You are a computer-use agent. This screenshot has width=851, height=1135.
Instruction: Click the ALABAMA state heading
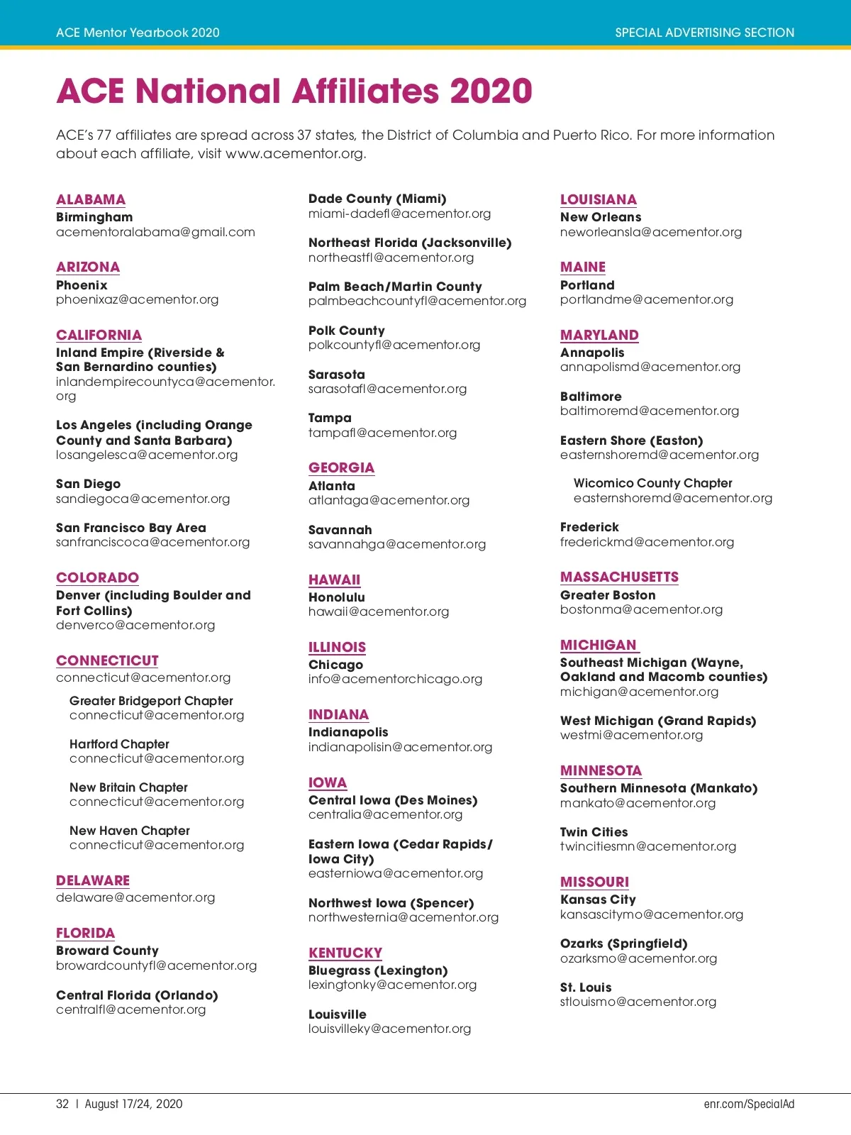91,200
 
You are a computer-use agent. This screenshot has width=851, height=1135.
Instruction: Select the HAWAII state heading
334,580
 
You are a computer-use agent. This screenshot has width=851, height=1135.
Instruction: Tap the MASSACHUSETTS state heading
619,577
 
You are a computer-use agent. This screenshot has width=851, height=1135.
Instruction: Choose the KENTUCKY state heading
345,953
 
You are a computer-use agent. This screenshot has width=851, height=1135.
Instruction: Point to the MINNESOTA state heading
601,771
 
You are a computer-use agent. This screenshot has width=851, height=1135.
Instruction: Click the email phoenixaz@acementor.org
138,300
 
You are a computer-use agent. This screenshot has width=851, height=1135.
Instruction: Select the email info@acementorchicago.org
395,680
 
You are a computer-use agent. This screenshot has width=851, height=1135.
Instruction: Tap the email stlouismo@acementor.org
638,1002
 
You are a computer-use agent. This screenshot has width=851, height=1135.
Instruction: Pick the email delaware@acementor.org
135,898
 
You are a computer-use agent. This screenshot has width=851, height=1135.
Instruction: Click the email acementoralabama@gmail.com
155,233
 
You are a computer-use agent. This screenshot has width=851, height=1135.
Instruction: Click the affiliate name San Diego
89,485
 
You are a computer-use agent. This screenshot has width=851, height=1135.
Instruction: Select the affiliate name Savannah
340,531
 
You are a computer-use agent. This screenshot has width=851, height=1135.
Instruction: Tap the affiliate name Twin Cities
594,833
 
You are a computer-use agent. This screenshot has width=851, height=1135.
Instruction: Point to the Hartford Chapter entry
119,745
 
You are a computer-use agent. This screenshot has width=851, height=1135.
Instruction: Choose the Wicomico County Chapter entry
652,484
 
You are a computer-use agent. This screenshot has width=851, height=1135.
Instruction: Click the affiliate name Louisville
338,1015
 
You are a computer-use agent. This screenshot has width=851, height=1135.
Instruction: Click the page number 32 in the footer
62,1104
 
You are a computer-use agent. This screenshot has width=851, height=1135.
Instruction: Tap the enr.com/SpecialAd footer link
749,1104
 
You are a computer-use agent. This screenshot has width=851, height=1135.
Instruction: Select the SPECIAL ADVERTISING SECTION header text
704,33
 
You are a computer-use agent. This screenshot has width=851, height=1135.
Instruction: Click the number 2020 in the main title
491,92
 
